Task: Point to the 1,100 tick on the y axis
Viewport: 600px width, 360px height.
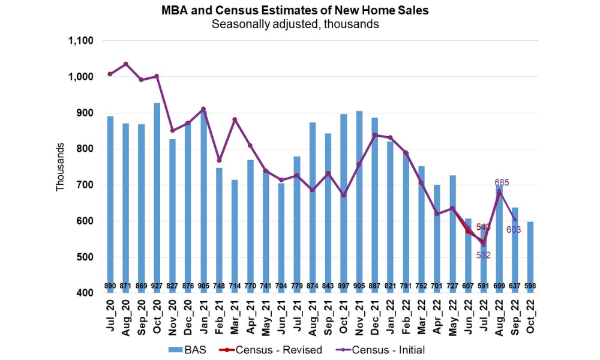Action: (x=82, y=41)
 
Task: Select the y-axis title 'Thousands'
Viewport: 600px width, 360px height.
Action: (x=61, y=167)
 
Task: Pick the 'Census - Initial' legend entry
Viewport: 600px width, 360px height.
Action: (x=382, y=349)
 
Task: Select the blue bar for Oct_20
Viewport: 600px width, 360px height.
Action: (x=157, y=192)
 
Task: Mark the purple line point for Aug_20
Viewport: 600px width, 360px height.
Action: (x=125, y=64)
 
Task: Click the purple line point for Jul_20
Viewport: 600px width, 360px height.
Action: (x=110, y=74)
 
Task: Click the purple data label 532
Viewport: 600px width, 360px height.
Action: (x=484, y=255)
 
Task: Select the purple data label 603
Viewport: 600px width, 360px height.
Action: (x=514, y=229)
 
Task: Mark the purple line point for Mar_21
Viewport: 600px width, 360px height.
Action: (x=235, y=119)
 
